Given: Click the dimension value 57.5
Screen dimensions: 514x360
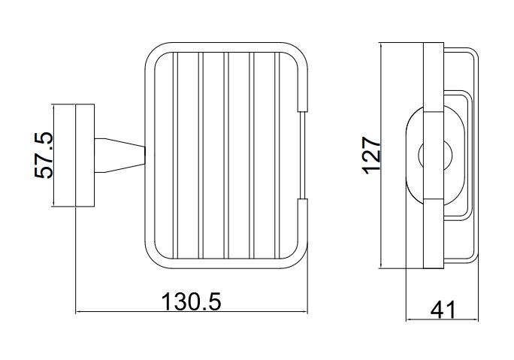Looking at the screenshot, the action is click(x=44, y=155).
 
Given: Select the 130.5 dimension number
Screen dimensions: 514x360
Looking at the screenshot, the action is click(x=192, y=302).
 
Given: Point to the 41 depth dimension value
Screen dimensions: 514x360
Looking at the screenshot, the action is click(x=443, y=310).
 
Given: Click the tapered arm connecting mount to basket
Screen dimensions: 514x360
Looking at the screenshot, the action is click(x=120, y=155).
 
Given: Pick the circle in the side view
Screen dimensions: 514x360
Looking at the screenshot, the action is click(x=435, y=155).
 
